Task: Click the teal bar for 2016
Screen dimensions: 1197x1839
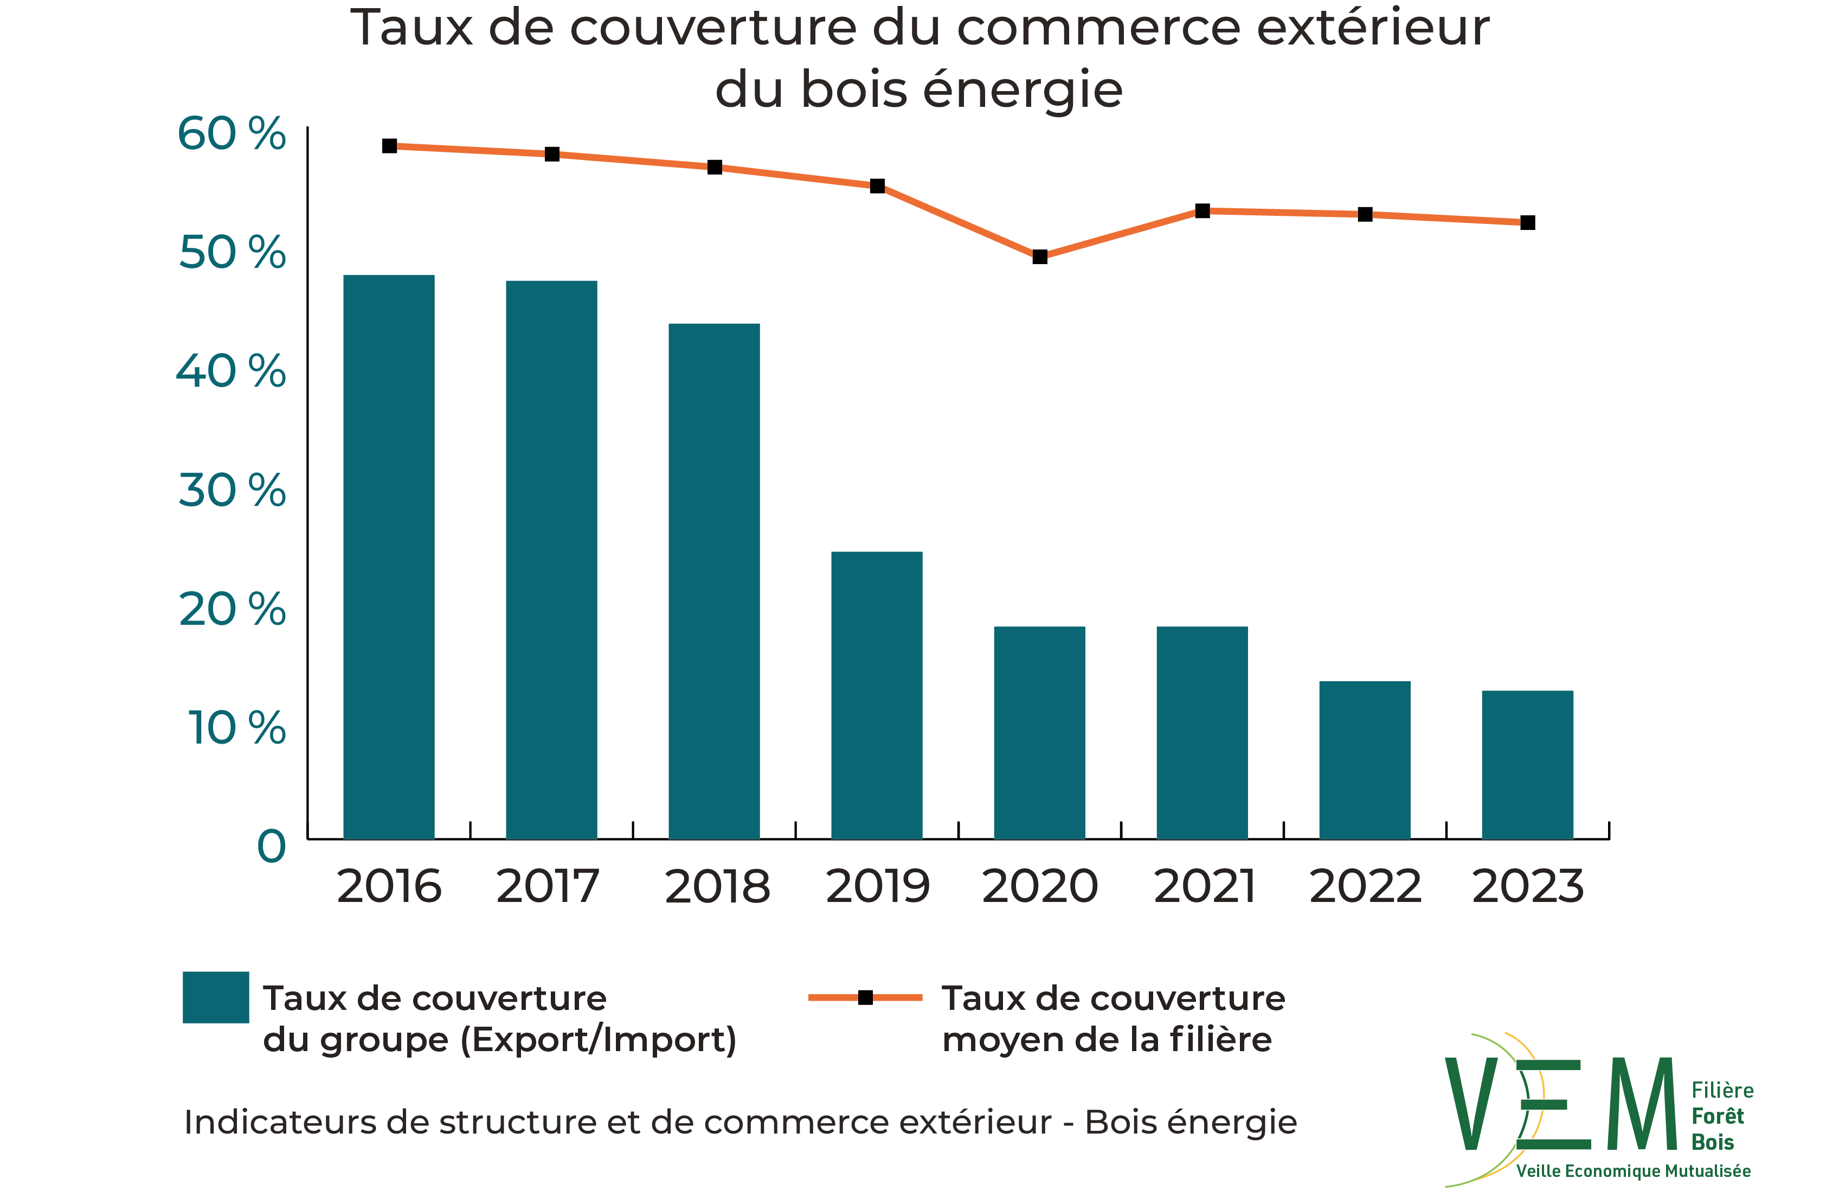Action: pyautogui.click(x=389, y=556)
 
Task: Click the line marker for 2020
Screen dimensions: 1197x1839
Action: pyautogui.click(x=1039, y=257)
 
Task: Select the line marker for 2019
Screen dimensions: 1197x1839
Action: pyautogui.click(x=877, y=186)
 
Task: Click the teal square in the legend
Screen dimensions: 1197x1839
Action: pyautogui.click(x=216, y=997)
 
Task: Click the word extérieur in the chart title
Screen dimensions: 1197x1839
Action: pyautogui.click(x=1372, y=28)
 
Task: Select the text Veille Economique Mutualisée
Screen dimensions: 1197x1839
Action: pyautogui.click(x=1632, y=1172)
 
